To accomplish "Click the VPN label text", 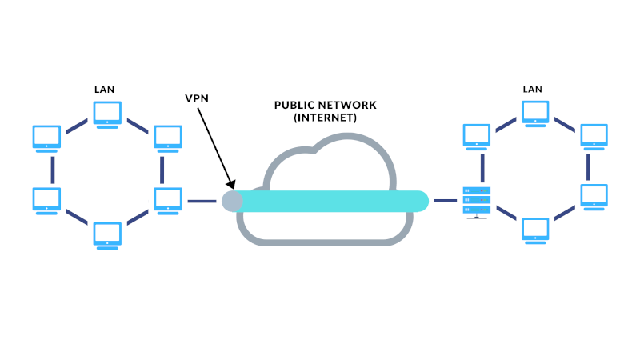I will click(x=197, y=98).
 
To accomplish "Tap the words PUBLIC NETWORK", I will click(x=325, y=106).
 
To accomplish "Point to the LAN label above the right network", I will click(x=533, y=91).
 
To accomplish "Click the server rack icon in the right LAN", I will click(x=477, y=201).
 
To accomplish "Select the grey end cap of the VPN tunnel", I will click(x=232, y=201).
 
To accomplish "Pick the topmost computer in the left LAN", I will click(x=107, y=114).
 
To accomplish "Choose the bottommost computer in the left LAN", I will click(x=107, y=234).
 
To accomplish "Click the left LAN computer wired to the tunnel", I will click(x=167, y=200).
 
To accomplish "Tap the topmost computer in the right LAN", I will click(x=534, y=113).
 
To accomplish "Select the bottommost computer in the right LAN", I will click(x=534, y=230).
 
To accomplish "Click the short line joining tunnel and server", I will click(x=445, y=201).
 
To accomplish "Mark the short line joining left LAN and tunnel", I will click(x=202, y=201).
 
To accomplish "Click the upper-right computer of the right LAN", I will click(x=593, y=136).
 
